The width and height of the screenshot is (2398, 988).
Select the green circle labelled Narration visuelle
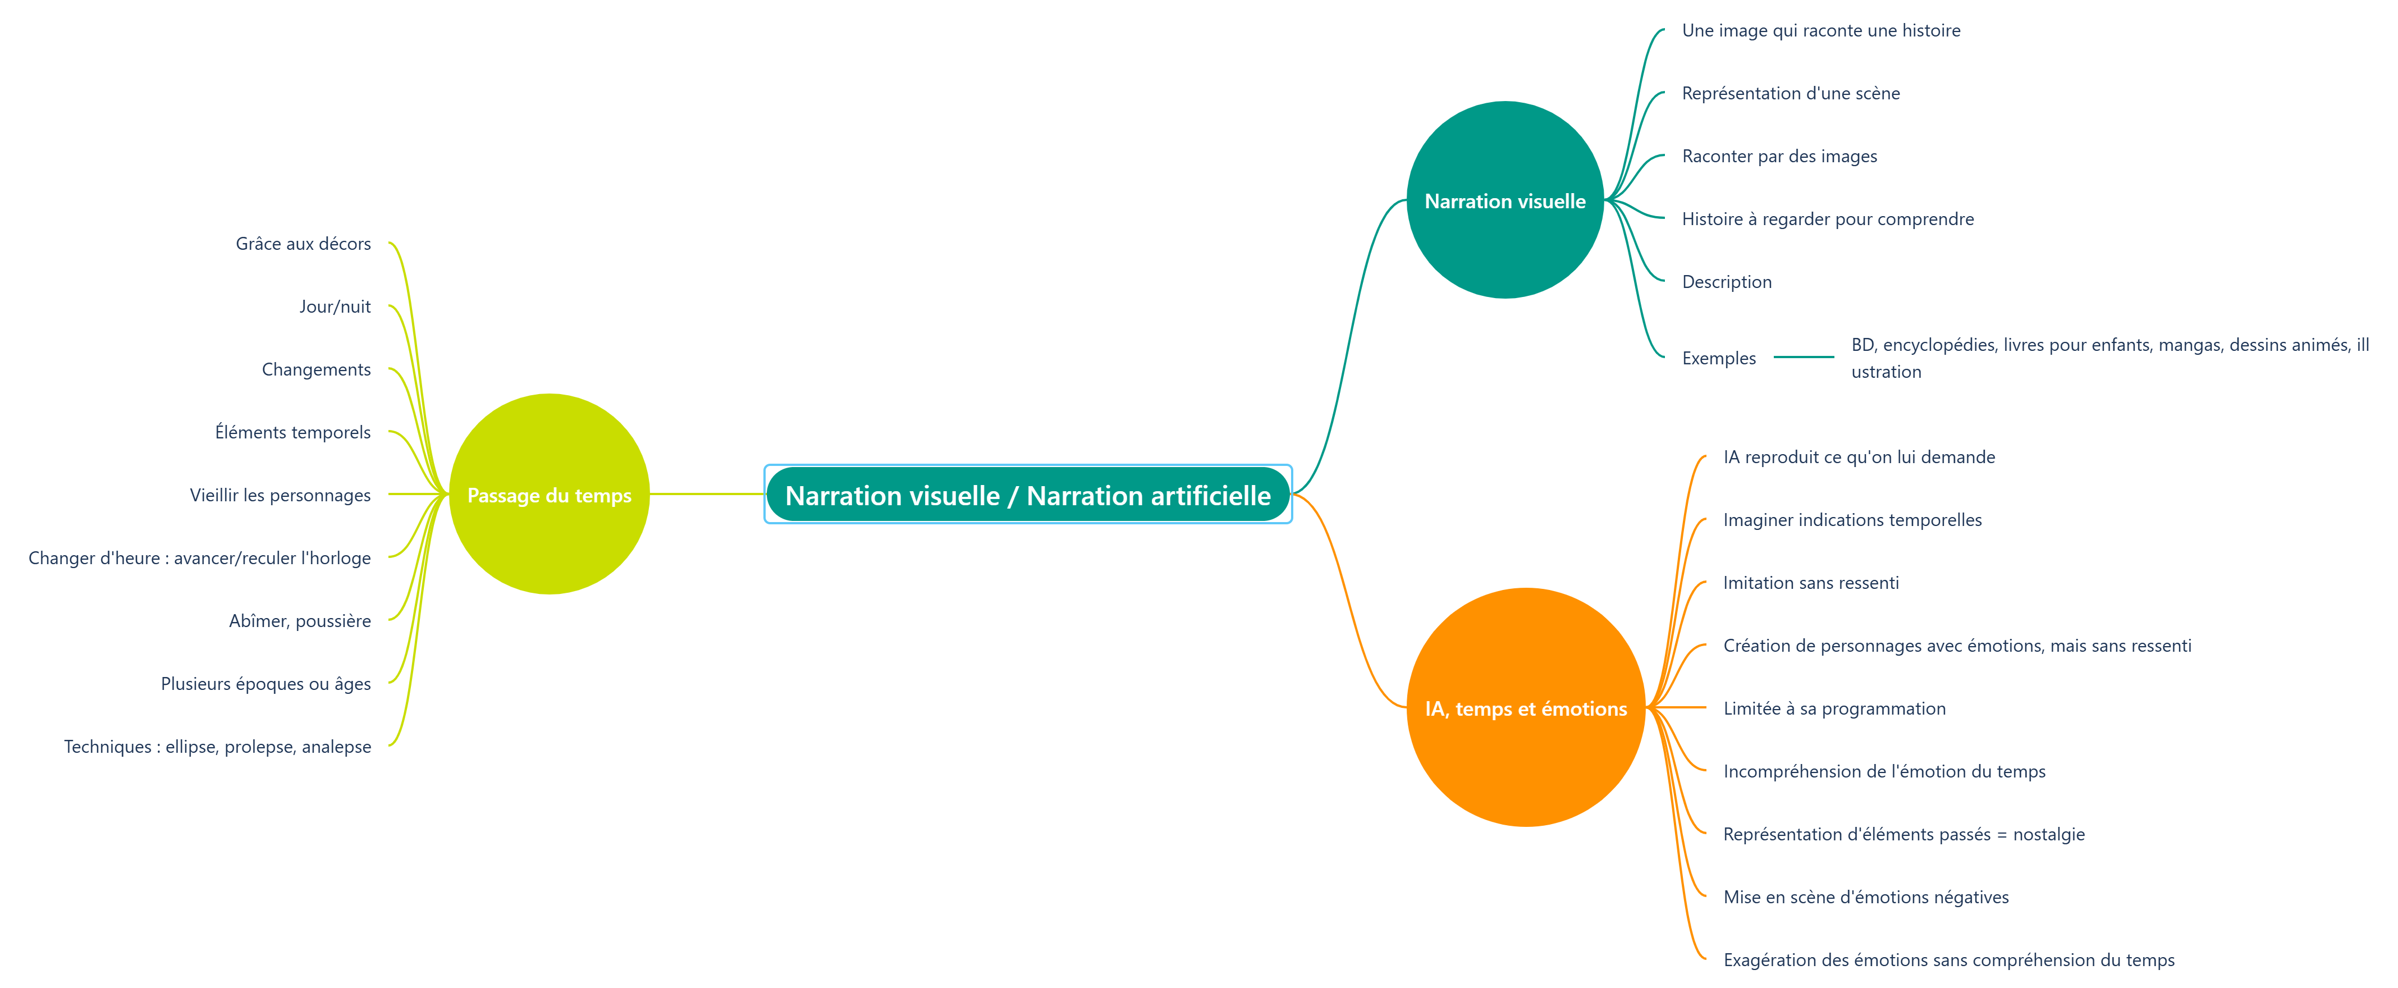click(x=1504, y=200)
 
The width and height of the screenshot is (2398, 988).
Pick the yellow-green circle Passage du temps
click(x=549, y=495)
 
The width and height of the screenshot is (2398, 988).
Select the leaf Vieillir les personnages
click(x=280, y=495)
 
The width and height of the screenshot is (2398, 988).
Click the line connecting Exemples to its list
click(x=1803, y=356)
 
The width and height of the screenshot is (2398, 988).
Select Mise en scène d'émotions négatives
click(x=1865, y=896)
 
